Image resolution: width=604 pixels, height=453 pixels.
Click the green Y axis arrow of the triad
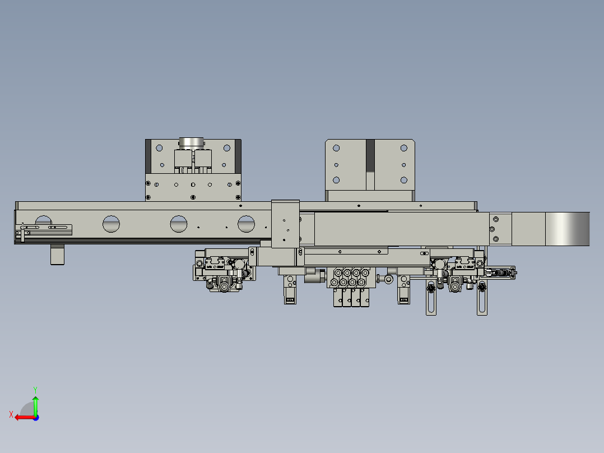tap(35, 403)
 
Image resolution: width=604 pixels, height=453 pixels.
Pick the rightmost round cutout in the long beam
tap(246, 224)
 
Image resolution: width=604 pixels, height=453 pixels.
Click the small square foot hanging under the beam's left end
tap(58, 255)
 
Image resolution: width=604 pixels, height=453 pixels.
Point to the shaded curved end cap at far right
tap(568, 229)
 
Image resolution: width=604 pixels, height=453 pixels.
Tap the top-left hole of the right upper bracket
tap(336, 148)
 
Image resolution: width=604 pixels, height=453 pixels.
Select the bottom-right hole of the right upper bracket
tap(404, 180)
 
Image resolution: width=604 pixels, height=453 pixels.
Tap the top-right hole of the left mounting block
tap(227, 148)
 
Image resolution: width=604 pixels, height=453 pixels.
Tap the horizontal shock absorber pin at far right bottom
tap(501, 273)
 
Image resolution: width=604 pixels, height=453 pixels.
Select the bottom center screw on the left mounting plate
tap(193, 197)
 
